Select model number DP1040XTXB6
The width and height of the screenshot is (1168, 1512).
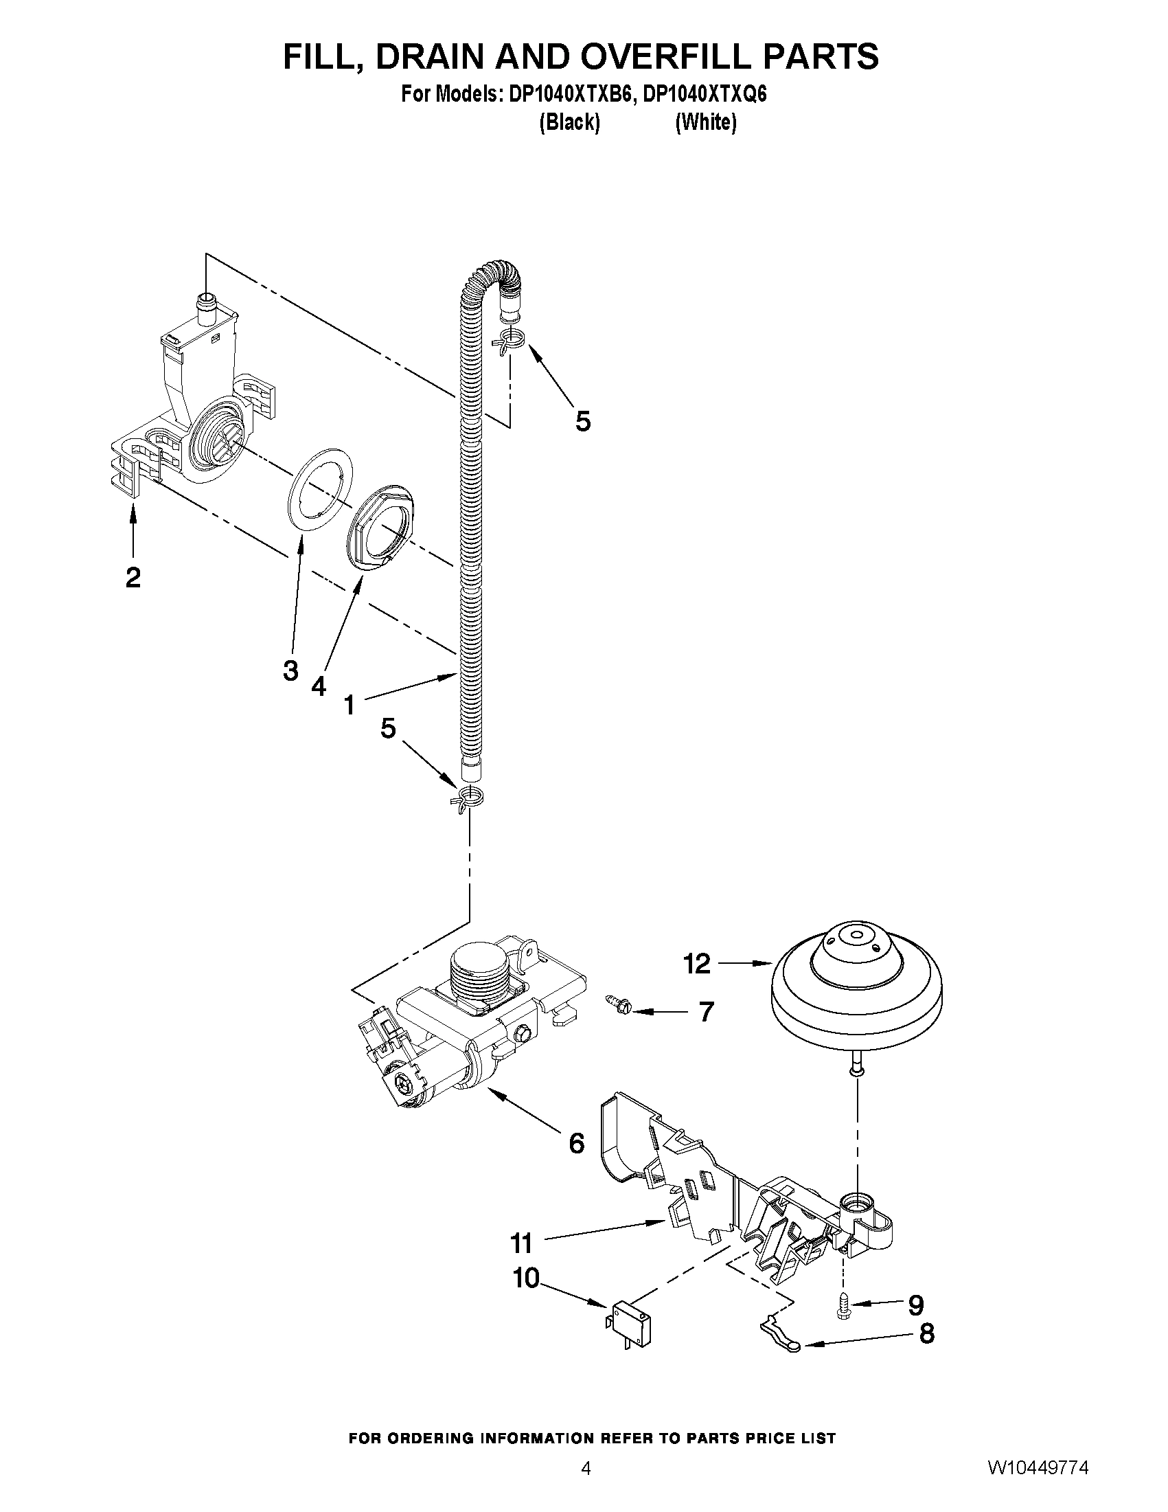[570, 94]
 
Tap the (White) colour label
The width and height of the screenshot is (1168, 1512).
[705, 122]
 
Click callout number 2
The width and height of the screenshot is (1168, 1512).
[133, 576]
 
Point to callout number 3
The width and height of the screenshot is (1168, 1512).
[290, 670]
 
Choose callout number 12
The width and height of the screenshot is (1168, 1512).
[697, 964]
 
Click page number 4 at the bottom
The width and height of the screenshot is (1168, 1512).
[586, 1487]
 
